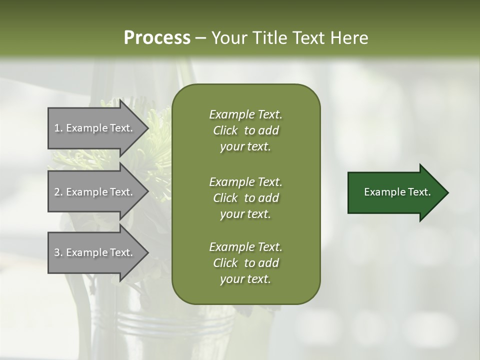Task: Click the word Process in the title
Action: [157, 38]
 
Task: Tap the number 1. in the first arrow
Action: [58, 128]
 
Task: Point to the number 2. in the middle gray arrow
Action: [58, 192]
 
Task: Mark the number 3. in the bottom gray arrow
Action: [58, 252]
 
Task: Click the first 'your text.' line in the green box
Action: [245, 147]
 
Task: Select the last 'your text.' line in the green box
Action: [245, 279]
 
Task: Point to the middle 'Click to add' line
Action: [245, 198]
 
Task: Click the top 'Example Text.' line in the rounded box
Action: [245, 114]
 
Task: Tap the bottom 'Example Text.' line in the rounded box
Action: [245, 247]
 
